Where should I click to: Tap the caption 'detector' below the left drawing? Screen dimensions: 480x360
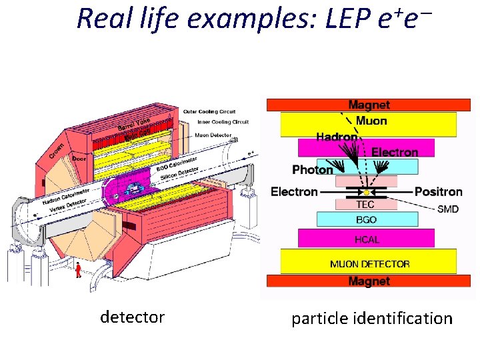(x=132, y=317)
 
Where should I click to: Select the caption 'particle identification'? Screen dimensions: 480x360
(x=371, y=319)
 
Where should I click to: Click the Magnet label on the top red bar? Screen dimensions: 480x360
(x=369, y=105)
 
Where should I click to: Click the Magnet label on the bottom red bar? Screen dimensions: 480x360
(x=369, y=281)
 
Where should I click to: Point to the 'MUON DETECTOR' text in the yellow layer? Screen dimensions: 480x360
(x=369, y=264)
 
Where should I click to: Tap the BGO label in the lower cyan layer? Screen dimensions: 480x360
(x=366, y=219)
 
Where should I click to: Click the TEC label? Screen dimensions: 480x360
(x=365, y=204)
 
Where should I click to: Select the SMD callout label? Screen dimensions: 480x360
(x=447, y=209)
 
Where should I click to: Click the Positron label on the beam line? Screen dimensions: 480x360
(x=438, y=192)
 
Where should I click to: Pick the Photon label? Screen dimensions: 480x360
(x=313, y=170)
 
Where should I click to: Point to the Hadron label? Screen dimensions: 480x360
(x=337, y=137)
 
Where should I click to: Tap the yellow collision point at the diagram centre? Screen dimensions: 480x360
(x=366, y=193)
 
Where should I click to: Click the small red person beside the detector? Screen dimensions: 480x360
(x=79, y=269)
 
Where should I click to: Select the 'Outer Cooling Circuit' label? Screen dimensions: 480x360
(x=209, y=111)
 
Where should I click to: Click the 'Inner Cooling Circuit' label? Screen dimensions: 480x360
(x=221, y=122)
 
